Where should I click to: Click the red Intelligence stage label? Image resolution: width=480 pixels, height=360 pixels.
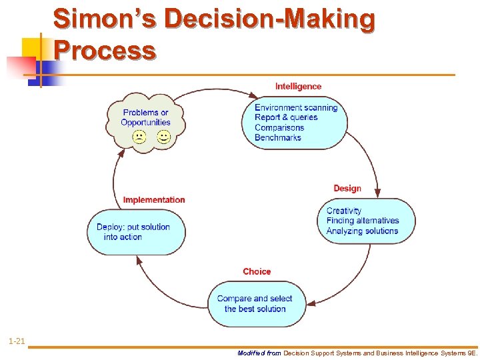(x=298, y=86)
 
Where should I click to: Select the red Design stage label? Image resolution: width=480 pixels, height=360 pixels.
(x=347, y=188)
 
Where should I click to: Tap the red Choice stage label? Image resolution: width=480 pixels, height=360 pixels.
(x=257, y=271)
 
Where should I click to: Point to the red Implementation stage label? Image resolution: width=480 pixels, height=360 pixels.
(x=154, y=199)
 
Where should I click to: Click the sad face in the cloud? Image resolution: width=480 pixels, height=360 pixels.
(x=139, y=137)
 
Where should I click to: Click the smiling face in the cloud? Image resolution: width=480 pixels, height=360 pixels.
(x=163, y=137)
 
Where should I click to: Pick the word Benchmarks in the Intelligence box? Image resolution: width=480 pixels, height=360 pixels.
(x=277, y=137)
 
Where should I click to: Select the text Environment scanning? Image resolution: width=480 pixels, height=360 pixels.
(x=296, y=107)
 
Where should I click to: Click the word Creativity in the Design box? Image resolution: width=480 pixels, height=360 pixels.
(x=343, y=211)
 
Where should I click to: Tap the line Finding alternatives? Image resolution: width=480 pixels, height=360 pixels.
(x=363, y=221)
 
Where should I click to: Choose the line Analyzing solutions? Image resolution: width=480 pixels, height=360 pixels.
(x=362, y=231)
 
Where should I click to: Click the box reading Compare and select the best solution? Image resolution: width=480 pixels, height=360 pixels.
(x=255, y=304)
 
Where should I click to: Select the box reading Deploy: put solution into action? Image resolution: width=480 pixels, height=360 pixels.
(x=136, y=232)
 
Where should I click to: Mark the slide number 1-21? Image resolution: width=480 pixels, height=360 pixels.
(x=17, y=341)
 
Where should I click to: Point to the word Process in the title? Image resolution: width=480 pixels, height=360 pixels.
(x=105, y=50)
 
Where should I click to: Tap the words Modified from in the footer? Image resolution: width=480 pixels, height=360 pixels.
(x=259, y=353)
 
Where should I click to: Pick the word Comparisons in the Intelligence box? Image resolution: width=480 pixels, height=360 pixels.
(x=279, y=127)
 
